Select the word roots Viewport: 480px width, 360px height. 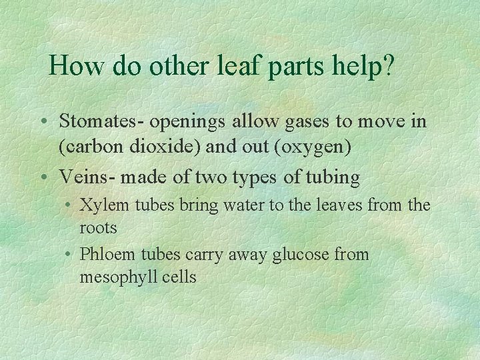(98, 228)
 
